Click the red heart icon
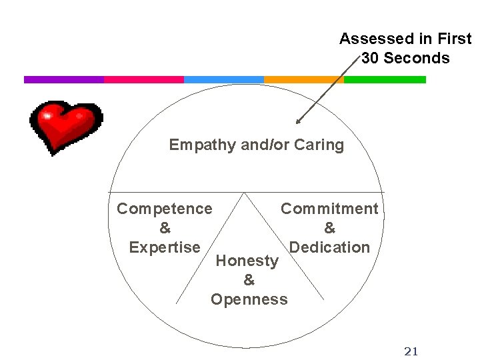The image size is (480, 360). pyautogui.click(x=65, y=126)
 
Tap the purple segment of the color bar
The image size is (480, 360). pyautogui.click(x=63, y=79)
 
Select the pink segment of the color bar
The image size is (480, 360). pyautogui.click(x=143, y=79)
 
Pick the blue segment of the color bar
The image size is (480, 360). pyautogui.click(x=223, y=79)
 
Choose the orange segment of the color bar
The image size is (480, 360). pyautogui.click(x=303, y=79)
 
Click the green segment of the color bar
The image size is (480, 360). pyautogui.click(x=385, y=79)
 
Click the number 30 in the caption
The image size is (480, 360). pyautogui.click(x=371, y=58)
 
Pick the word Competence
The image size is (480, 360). pyautogui.click(x=165, y=209)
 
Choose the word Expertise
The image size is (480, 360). pyautogui.click(x=165, y=247)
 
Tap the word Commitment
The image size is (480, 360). pyautogui.click(x=329, y=209)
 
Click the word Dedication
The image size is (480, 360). pyautogui.click(x=329, y=247)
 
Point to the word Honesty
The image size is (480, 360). pyautogui.click(x=247, y=261)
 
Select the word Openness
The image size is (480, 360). pyautogui.click(x=249, y=299)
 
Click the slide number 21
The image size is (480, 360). pyautogui.click(x=411, y=351)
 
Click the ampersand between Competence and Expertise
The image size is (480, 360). pyautogui.click(x=165, y=228)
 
